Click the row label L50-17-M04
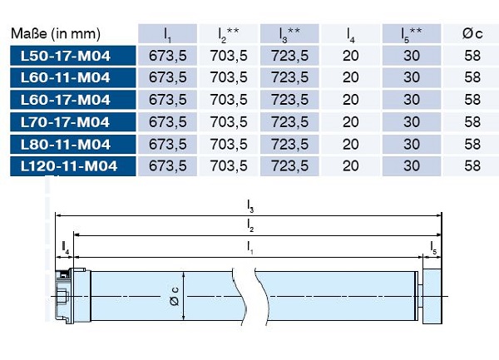[x=66, y=56]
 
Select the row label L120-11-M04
[x=69, y=166]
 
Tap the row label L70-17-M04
[x=65, y=122]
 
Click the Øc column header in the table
[x=472, y=33]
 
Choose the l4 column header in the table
[x=350, y=35]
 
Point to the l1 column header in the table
[x=167, y=35]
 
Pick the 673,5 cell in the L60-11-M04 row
[x=168, y=77]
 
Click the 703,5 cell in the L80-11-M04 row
[x=229, y=145]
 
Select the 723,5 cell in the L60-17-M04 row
[x=289, y=100]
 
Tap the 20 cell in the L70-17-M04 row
[x=351, y=122]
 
